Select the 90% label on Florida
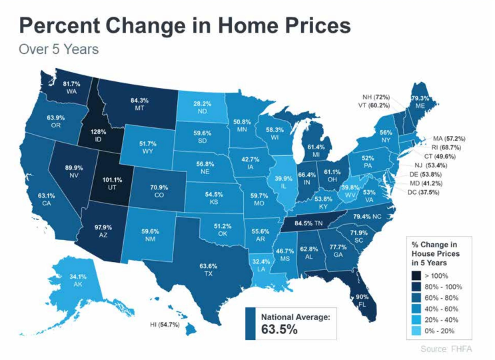click(362, 296)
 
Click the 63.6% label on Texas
click(209, 266)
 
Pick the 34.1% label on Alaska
click(60, 276)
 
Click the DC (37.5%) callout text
click(441, 193)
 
